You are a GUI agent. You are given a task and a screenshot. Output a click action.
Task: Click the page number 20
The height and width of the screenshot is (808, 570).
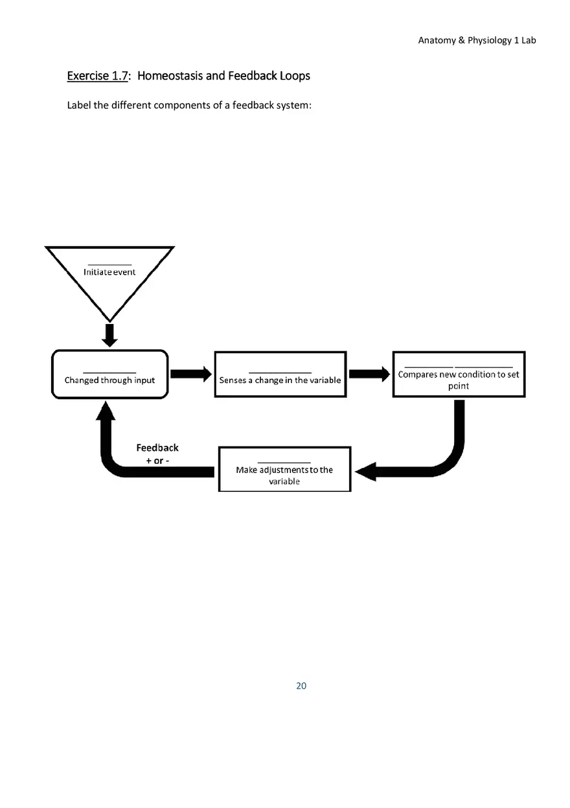[x=301, y=686]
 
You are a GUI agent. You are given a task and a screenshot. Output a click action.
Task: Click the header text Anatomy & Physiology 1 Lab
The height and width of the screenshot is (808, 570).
[x=477, y=40]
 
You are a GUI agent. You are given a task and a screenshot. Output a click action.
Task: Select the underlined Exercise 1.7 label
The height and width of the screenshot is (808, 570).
[x=97, y=76]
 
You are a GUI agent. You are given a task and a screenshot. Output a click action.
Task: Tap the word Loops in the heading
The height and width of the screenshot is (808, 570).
[x=295, y=76]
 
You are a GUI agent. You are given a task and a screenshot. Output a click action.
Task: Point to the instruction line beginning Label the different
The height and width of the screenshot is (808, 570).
[x=189, y=105]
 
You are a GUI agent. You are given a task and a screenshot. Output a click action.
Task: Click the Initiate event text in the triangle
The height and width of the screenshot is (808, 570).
[x=109, y=272]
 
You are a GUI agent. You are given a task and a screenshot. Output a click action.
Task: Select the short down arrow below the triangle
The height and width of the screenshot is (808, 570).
[x=109, y=335]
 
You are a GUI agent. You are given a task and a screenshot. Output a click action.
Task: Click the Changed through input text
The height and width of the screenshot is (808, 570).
[x=109, y=380]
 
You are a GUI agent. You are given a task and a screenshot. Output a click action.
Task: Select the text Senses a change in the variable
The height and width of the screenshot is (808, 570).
[x=280, y=380]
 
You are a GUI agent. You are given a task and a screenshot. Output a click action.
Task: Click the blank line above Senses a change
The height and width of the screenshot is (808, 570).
[x=280, y=372]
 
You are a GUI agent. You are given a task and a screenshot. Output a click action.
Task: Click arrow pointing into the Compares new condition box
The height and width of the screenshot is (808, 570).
[x=370, y=374]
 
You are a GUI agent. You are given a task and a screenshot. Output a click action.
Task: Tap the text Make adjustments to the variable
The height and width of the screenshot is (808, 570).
[x=284, y=476]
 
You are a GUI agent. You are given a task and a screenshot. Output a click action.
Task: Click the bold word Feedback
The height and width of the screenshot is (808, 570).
[x=157, y=448]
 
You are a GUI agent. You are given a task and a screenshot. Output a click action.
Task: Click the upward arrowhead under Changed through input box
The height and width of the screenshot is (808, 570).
[x=106, y=410]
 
